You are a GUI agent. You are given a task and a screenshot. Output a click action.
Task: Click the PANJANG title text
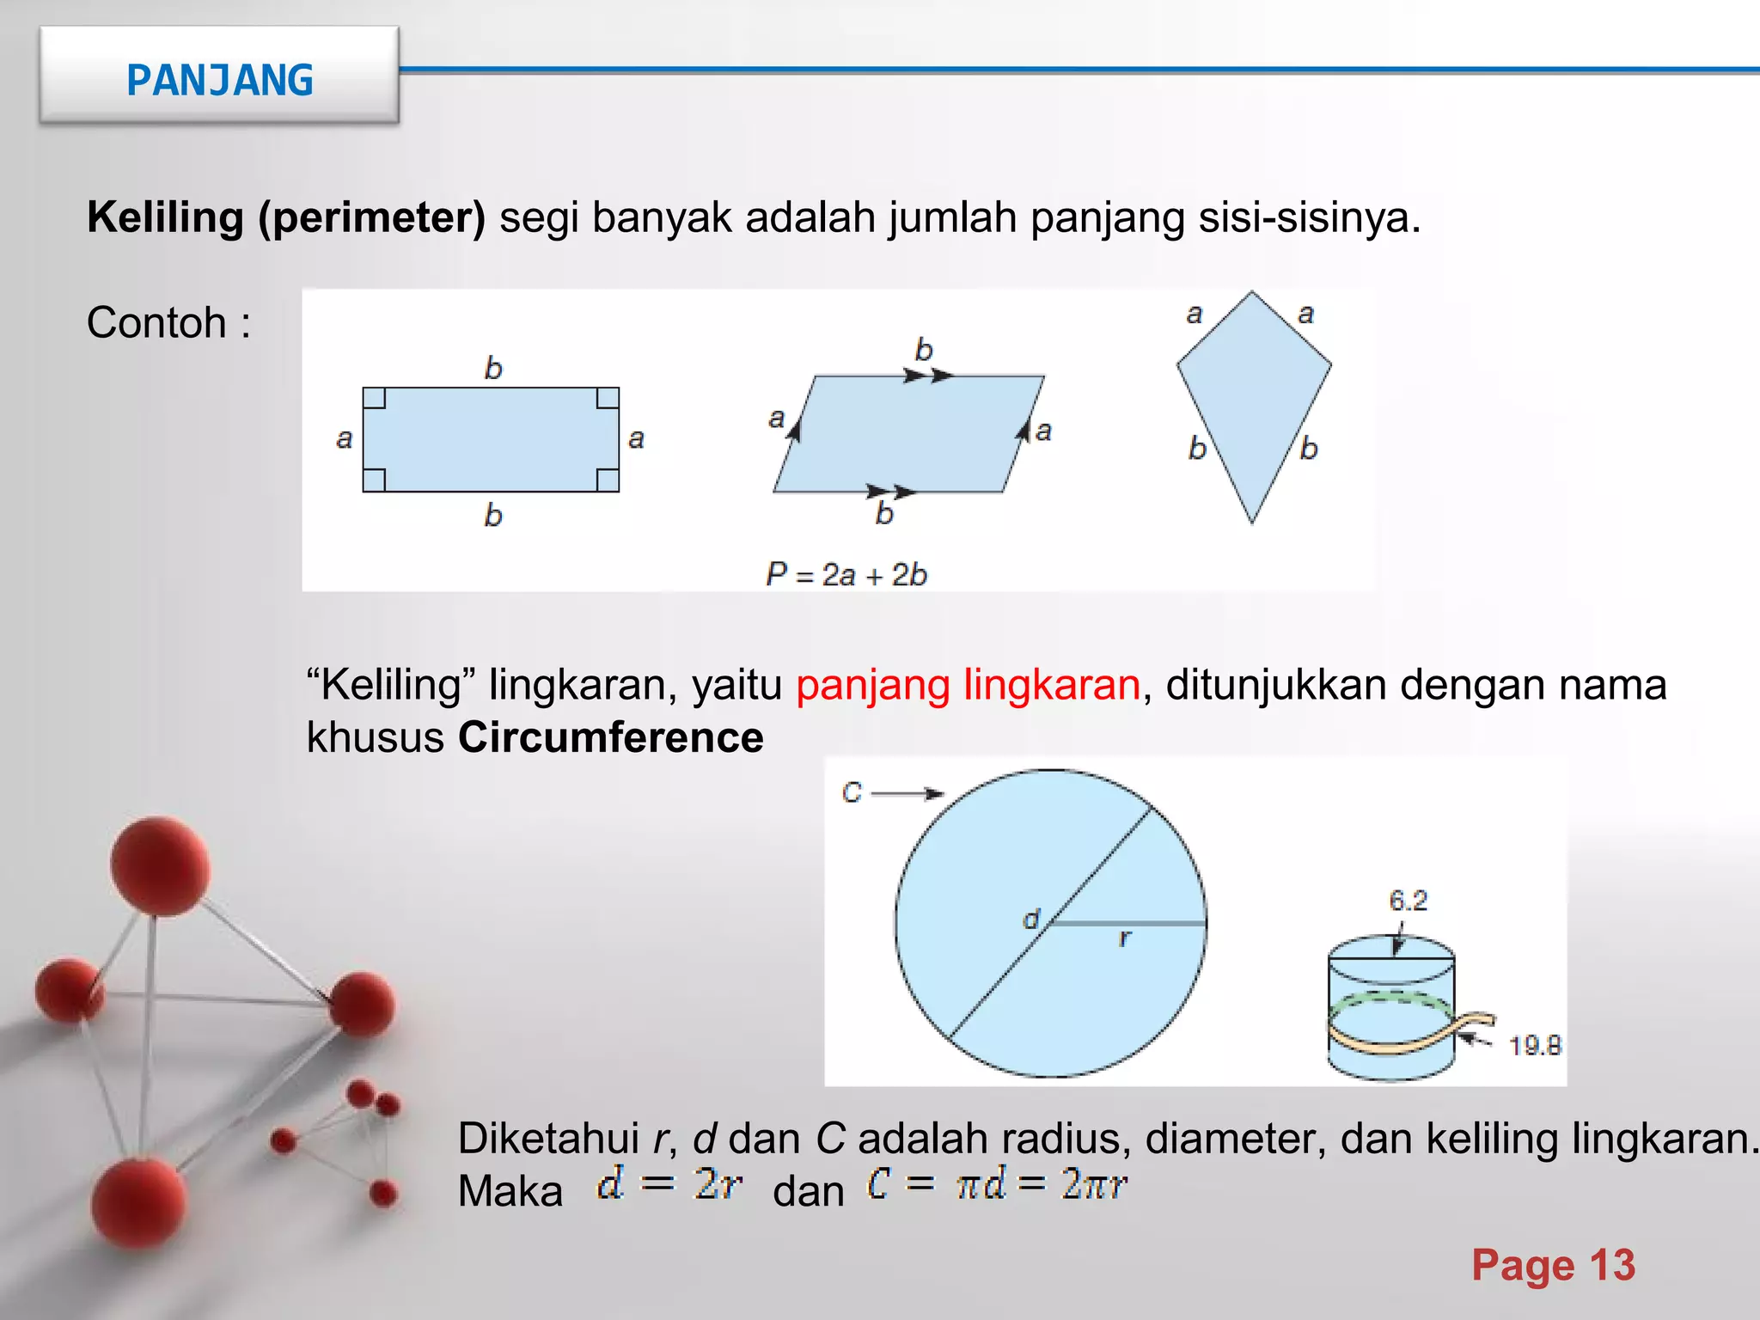click(x=219, y=81)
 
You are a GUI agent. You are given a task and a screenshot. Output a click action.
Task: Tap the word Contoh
click(x=156, y=323)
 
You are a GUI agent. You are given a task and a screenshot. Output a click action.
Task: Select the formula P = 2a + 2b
click(x=846, y=574)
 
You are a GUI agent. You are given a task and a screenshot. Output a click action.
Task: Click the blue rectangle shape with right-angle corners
click(x=491, y=439)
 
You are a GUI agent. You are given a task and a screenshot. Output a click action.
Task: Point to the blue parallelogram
click(x=908, y=434)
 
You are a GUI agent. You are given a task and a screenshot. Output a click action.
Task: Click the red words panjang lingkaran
click(x=968, y=685)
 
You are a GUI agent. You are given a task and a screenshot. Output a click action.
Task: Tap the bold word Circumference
click(x=610, y=737)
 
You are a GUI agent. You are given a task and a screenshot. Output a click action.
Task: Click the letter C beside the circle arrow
click(x=852, y=792)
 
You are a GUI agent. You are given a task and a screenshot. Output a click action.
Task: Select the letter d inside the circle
click(x=1030, y=920)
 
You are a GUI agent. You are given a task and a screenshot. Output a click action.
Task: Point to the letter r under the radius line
click(x=1124, y=938)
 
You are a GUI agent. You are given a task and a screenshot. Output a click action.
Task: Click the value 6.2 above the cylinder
click(x=1408, y=901)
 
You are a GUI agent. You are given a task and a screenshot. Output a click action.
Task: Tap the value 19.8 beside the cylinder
click(x=1534, y=1046)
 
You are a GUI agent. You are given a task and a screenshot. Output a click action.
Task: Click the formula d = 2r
click(x=669, y=1184)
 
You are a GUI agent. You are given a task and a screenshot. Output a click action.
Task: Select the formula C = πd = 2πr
click(x=996, y=1184)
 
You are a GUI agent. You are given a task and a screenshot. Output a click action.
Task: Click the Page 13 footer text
click(x=1553, y=1265)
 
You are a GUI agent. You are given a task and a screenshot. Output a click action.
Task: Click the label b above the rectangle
click(x=492, y=368)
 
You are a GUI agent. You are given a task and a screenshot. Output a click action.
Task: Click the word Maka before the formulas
click(x=510, y=1191)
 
